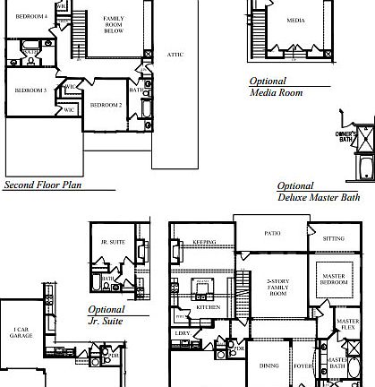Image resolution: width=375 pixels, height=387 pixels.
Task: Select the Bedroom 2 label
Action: click(106, 105)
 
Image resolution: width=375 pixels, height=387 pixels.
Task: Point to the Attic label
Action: click(175, 55)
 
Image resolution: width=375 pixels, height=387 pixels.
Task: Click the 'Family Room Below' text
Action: click(114, 23)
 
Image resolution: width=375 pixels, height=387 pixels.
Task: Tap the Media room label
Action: click(295, 20)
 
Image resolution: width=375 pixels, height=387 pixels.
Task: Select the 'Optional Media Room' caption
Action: click(274, 86)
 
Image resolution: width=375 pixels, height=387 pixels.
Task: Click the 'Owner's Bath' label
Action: click(346, 136)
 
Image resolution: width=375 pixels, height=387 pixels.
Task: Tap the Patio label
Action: click(271, 233)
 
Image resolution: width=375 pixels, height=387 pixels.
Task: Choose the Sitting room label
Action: click(333, 240)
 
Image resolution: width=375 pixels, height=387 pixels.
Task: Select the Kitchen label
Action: click(209, 306)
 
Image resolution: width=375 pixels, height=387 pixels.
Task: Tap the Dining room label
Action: click(268, 365)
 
